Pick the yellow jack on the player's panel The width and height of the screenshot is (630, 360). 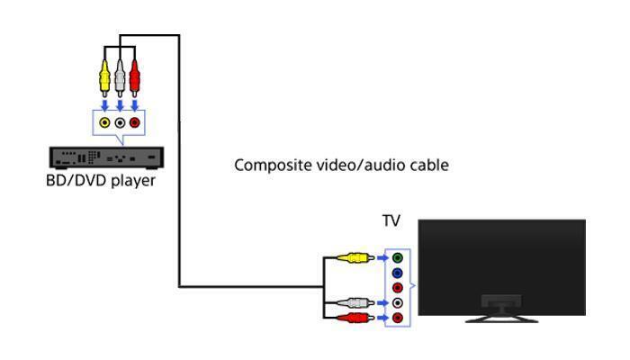tap(105, 122)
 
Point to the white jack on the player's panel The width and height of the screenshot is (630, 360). tap(120, 122)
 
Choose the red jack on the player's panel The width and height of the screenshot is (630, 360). tap(135, 122)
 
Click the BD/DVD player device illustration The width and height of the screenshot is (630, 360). tap(105, 157)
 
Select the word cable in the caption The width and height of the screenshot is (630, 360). tap(428, 166)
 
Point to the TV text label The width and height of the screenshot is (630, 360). tap(391, 221)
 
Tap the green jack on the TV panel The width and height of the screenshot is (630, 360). tap(398, 258)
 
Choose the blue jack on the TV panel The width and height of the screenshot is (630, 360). tap(398, 274)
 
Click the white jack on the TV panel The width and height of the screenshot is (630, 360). tap(398, 303)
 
